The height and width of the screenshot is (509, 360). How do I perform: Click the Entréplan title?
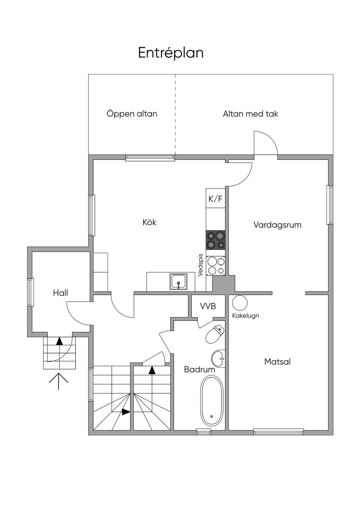point(171,53)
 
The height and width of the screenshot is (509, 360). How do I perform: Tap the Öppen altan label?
point(132,114)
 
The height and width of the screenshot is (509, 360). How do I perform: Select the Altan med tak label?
point(250,114)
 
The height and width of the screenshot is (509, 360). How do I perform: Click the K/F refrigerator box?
point(216,199)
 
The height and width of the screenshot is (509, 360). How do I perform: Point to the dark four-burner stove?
point(216,240)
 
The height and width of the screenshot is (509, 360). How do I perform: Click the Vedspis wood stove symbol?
point(216,266)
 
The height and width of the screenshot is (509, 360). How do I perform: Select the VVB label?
point(208,306)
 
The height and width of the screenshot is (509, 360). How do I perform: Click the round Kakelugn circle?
point(240,303)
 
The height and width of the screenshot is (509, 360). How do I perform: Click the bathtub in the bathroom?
point(212,401)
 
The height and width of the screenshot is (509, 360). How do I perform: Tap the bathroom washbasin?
point(218,359)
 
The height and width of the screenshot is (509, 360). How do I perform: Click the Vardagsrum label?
point(277,225)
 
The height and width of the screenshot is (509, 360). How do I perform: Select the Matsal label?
point(277,362)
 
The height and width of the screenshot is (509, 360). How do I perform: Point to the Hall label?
point(60,293)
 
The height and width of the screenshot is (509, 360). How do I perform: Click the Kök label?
point(149,222)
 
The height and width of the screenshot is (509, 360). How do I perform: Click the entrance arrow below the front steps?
point(58,381)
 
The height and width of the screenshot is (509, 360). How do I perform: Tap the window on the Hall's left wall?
point(31,292)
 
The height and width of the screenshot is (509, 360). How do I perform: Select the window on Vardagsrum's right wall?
point(329,205)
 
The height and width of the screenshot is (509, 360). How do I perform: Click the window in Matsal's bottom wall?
point(278,432)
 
